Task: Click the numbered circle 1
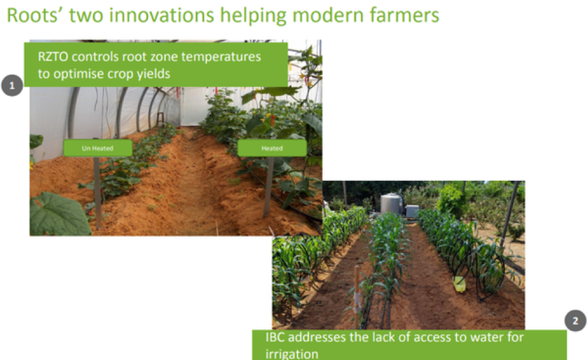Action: pyautogui.click(x=12, y=85)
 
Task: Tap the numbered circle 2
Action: pyautogui.click(x=575, y=320)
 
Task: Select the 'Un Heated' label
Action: pyautogui.click(x=98, y=148)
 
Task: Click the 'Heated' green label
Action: pyautogui.click(x=272, y=148)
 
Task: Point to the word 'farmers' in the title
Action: pyautogui.click(x=404, y=15)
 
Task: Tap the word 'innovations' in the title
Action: pyautogui.click(x=161, y=15)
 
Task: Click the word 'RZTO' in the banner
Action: pyautogui.click(x=53, y=57)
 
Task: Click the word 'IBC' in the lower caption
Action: pyautogui.click(x=274, y=337)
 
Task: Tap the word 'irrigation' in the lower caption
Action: pyautogui.click(x=291, y=353)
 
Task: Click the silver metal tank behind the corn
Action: pyautogui.click(x=392, y=204)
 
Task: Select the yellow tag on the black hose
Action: pyautogui.click(x=459, y=284)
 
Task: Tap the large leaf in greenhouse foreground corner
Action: pyautogui.click(x=60, y=214)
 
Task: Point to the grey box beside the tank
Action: pyautogui.click(x=412, y=210)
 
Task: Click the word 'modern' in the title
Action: pyautogui.click(x=327, y=15)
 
